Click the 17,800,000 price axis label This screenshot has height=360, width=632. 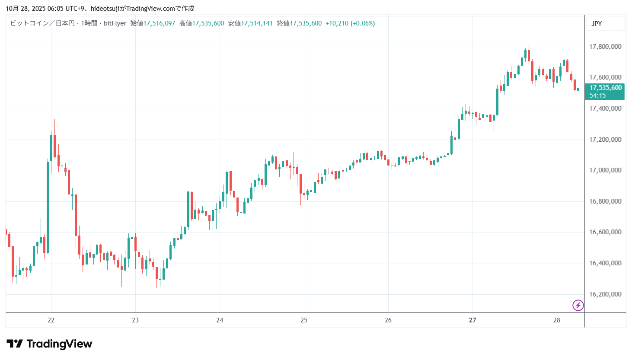coord(605,47)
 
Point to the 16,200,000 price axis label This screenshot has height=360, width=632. coord(605,294)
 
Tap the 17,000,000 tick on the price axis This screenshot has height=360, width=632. coord(605,170)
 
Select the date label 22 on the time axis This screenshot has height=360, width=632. coord(51,320)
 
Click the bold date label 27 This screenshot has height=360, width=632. coord(472,320)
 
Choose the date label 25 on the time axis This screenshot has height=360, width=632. coord(304,320)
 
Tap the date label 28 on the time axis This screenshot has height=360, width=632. coord(557,320)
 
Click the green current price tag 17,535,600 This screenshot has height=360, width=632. coord(606,88)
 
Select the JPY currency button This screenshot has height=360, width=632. coord(597,24)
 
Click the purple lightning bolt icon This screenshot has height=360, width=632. coord(578,306)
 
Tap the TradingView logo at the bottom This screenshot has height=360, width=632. coord(49,344)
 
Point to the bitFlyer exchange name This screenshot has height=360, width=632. coord(115,23)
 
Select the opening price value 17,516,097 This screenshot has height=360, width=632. coord(159,23)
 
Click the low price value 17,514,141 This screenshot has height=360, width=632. coord(257,23)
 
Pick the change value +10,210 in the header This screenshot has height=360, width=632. coord(337,23)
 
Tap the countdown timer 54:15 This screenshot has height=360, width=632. coord(597,96)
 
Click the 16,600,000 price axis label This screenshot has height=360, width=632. coord(605,232)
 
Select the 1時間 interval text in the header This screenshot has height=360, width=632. coord(89,23)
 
